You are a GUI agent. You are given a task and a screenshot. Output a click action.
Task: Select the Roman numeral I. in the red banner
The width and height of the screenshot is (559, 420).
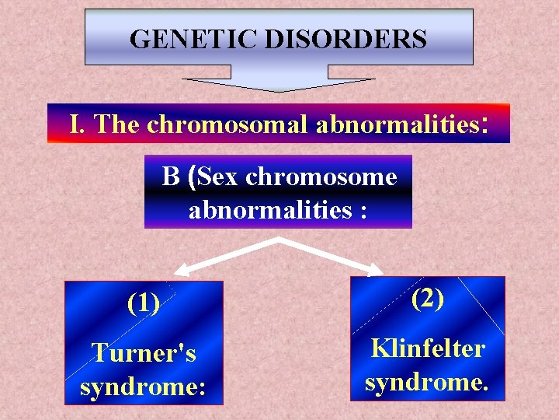(x=78, y=124)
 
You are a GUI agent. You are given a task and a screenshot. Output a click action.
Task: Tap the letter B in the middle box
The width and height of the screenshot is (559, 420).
(x=171, y=177)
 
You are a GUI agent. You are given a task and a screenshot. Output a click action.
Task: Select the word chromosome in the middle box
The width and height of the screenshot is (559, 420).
(x=321, y=177)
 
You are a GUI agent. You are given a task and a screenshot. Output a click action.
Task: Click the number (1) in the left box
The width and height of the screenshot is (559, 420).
(x=144, y=303)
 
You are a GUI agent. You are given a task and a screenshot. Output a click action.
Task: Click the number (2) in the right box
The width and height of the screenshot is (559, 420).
(x=428, y=298)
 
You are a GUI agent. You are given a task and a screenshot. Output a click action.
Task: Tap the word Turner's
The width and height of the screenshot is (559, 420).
(x=144, y=353)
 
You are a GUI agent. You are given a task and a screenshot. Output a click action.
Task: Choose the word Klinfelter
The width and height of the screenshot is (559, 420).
(x=428, y=348)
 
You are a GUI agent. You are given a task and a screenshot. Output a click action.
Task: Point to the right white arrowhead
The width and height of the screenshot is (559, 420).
(x=377, y=270)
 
